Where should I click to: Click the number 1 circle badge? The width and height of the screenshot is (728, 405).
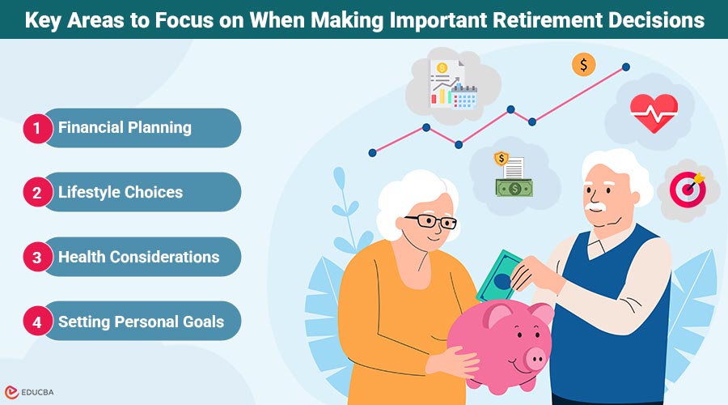[37, 128]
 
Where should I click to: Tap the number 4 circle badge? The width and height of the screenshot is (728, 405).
[37, 322]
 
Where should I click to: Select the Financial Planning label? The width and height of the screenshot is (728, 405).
[125, 128]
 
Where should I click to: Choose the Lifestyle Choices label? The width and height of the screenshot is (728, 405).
[121, 193]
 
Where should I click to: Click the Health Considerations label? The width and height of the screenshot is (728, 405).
[138, 257]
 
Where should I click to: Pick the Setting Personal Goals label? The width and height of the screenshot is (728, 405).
[141, 322]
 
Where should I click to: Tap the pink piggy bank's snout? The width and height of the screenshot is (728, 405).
[535, 356]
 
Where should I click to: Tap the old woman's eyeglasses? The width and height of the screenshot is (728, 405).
[430, 221]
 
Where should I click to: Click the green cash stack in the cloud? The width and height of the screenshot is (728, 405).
[514, 188]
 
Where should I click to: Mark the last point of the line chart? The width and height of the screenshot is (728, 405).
[625, 66]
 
